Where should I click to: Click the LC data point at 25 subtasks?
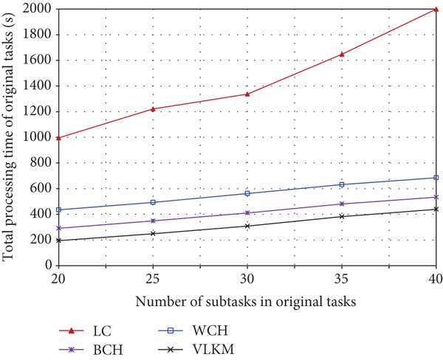(153, 109)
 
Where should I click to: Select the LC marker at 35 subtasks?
(342, 54)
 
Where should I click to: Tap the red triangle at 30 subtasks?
(247, 94)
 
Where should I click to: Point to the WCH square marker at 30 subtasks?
(247, 193)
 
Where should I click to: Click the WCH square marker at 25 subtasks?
(153, 202)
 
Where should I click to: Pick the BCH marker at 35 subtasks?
(342, 204)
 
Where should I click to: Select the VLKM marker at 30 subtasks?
(247, 226)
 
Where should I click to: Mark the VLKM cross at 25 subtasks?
(153, 234)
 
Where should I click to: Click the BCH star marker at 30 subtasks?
(247, 212)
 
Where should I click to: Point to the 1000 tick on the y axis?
(38, 137)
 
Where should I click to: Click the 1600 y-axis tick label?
(38, 60)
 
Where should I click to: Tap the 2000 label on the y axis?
(38, 9)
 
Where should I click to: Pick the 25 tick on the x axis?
(153, 280)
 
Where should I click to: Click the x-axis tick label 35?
(342, 280)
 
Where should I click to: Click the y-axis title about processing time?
(10, 137)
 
